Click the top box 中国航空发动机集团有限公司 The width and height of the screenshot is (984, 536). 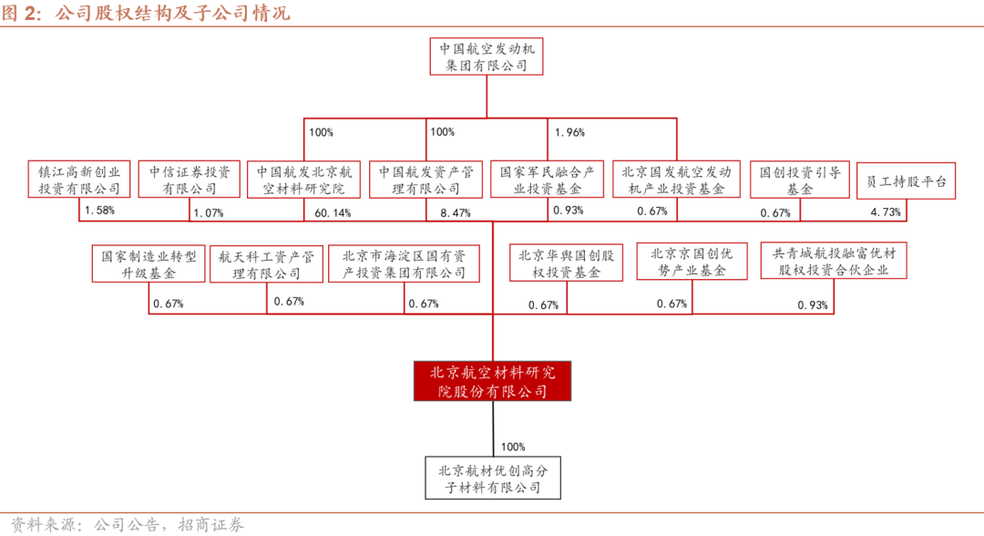[488, 56]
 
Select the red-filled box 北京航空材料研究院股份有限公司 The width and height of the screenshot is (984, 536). [493, 381]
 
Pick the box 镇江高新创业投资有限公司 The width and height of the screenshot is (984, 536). [78, 180]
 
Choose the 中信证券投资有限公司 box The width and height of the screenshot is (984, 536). [190, 180]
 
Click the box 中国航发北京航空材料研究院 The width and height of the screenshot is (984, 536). [303, 180]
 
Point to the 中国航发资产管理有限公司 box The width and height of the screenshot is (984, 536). [426, 180]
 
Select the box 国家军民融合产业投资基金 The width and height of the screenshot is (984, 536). [548, 180]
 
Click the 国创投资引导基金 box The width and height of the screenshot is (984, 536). [799, 180]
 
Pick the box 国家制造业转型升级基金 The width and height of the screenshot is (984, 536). [149, 263]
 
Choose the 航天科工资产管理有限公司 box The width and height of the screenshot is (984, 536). [266, 263]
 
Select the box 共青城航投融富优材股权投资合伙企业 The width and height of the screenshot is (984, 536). [834, 262]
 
